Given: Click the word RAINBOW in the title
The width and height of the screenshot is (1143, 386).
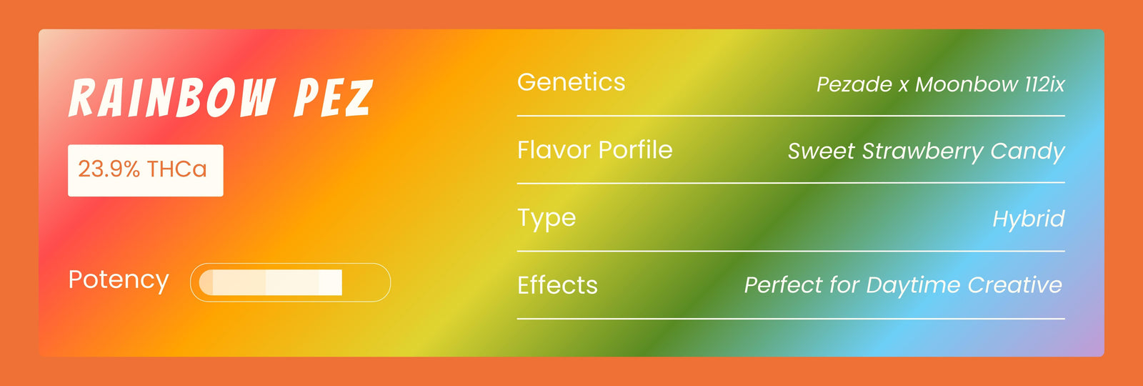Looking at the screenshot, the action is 172,97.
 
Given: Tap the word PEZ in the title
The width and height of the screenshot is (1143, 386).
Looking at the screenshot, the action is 334,97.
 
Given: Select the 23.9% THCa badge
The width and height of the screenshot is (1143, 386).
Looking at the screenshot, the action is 146,171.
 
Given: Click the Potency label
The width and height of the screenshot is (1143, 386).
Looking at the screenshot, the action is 119,280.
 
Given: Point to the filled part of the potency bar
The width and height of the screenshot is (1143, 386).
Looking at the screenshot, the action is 271,282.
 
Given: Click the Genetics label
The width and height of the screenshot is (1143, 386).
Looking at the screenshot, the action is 571,83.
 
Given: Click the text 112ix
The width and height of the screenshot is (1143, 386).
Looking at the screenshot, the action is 1045,84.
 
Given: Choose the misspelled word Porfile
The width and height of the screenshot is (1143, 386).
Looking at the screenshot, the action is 635,149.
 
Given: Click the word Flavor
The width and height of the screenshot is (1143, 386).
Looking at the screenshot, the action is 554,149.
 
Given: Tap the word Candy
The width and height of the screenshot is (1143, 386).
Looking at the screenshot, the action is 1028,152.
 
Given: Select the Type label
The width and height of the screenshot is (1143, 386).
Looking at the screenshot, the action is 546,219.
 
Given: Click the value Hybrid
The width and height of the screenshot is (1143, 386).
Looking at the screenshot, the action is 1029,219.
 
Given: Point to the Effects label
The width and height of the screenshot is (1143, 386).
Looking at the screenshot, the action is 557,285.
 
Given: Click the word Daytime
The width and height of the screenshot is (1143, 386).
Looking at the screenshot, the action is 913,285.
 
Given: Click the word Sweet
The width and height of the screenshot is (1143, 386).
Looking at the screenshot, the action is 821,151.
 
